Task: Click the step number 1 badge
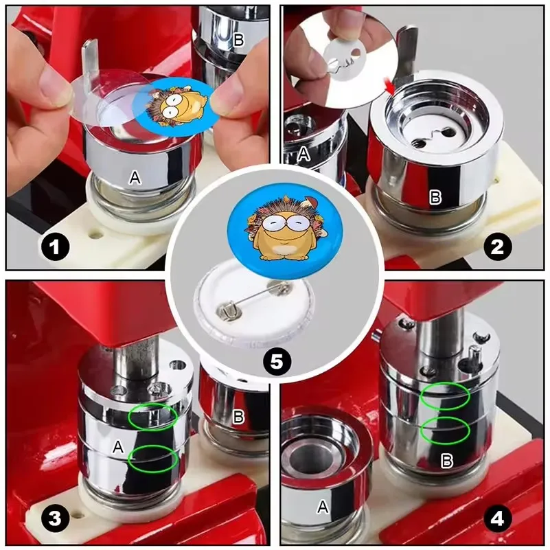[x=55, y=247]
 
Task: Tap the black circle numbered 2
[x=497, y=247]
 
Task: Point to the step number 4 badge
[x=497, y=520]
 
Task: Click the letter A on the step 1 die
[x=135, y=179]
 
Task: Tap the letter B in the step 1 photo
[x=238, y=39]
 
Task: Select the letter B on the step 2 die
[x=435, y=198]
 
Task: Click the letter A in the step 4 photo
[x=322, y=507]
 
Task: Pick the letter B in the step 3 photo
[x=238, y=416]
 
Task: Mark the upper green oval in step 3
[x=152, y=416]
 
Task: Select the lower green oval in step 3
[x=152, y=458]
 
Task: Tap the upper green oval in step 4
[x=445, y=396]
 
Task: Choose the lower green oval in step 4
[x=445, y=430]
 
